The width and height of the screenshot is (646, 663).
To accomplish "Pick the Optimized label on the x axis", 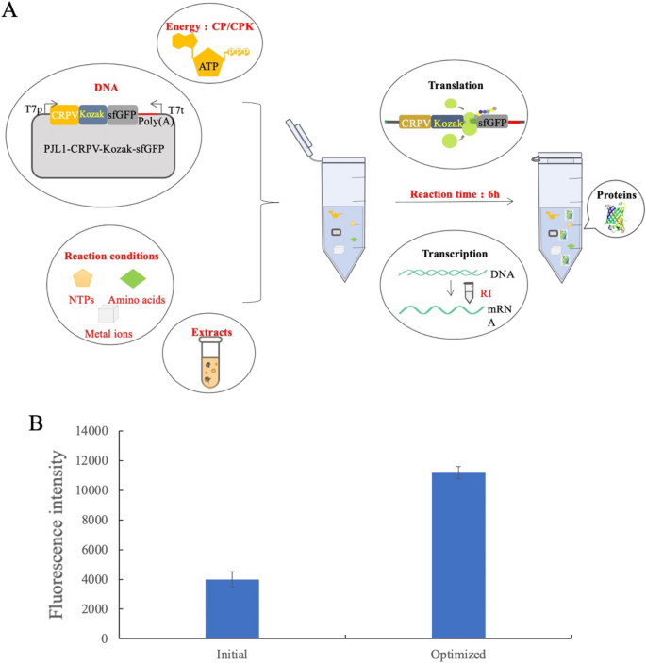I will pos(458,652).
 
